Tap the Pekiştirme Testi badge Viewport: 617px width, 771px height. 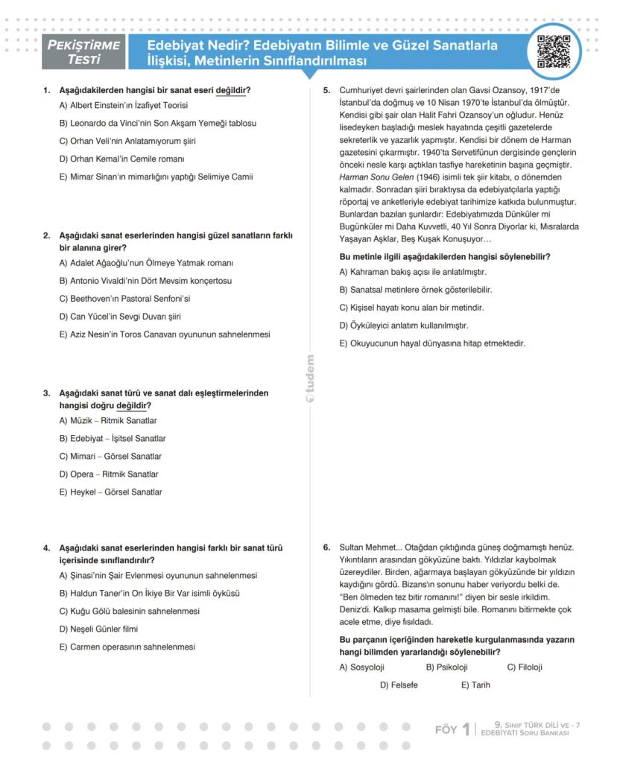pyautogui.click(x=83, y=51)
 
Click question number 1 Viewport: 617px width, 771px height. pyautogui.click(x=46, y=91)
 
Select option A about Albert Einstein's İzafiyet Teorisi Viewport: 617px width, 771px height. pyautogui.click(x=124, y=106)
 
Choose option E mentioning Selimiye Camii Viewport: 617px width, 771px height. pyautogui.click(x=156, y=177)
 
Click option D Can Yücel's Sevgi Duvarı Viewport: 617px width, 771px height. pyautogui.click(x=120, y=317)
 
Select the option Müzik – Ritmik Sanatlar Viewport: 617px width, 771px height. pyautogui.click(x=108, y=421)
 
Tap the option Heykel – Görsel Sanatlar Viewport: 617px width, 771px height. pyautogui.click(x=110, y=492)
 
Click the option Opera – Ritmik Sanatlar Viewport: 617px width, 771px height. pyautogui.click(x=109, y=475)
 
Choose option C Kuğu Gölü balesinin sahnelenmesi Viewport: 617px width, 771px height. pyautogui.click(x=130, y=612)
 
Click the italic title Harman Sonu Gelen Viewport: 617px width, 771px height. pyautogui.click(x=370, y=177)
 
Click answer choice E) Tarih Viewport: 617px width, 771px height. pyautogui.click(x=475, y=685)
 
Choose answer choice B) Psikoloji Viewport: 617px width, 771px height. pyautogui.click(x=447, y=667)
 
